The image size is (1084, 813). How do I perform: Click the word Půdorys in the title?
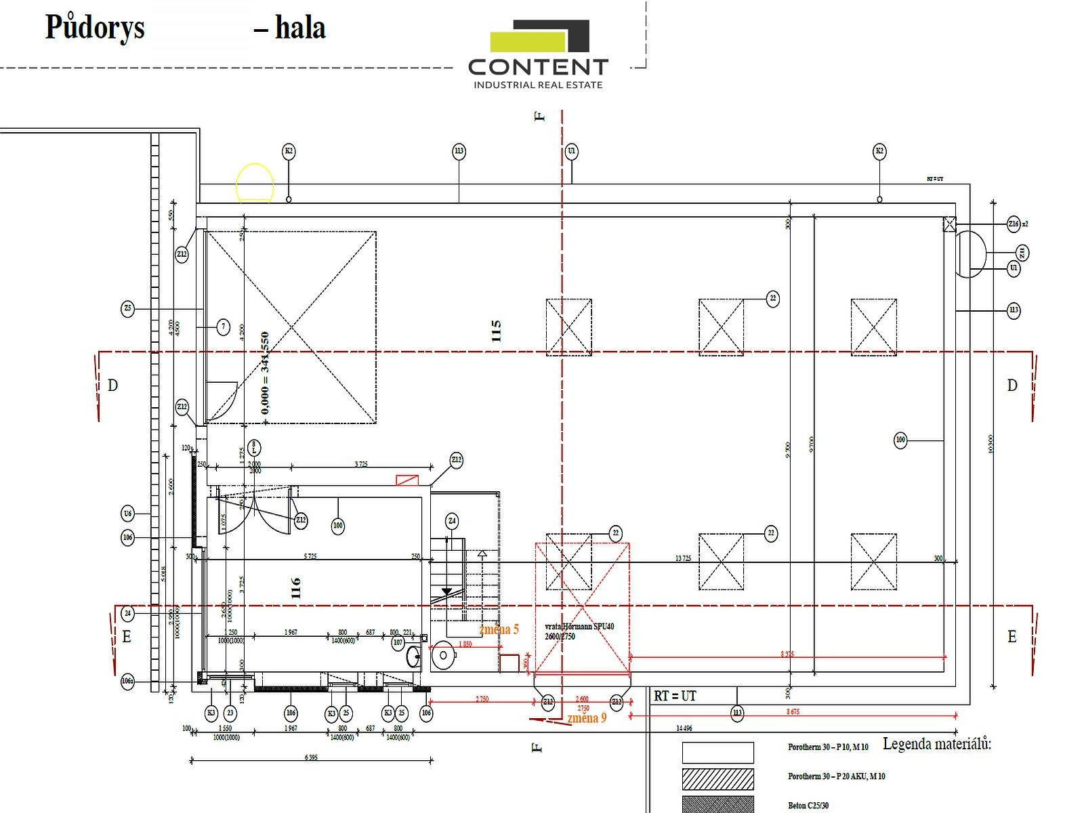(x=95, y=28)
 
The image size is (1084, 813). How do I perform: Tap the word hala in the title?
(x=300, y=28)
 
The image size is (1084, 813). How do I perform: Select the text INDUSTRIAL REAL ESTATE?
(x=538, y=85)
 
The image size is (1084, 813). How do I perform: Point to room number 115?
(x=496, y=331)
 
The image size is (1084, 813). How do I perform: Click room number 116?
(x=295, y=587)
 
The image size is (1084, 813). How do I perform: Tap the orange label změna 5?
(x=499, y=629)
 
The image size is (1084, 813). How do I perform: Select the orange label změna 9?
(x=587, y=718)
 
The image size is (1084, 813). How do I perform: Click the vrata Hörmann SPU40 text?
(x=579, y=627)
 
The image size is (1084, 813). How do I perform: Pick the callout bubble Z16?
(x=1014, y=224)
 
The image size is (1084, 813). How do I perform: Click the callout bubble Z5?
(x=128, y=309)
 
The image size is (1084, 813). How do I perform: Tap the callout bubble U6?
(x=128, y=514)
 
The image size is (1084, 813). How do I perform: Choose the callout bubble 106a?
(x=127, y=681)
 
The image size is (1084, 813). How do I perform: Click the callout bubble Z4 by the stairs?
(x=452, y=521)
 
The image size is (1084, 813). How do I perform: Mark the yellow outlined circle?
(x=255, y=182)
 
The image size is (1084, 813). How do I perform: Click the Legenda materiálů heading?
(x=936, y=744)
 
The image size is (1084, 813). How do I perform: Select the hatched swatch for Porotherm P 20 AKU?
(x=717, y=779)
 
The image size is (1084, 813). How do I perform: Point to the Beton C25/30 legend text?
(x=808, y=806)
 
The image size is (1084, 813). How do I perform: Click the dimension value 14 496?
(x=684, y=728)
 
